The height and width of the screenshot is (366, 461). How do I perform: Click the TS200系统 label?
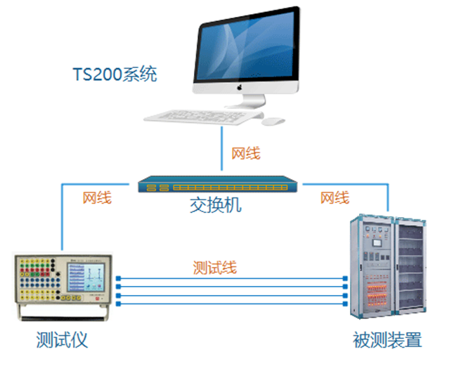tap(115, 74)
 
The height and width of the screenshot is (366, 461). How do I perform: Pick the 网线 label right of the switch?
tap(335, 198)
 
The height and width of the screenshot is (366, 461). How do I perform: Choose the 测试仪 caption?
tap(62, 341)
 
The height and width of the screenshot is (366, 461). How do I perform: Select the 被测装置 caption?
tap(387, 341)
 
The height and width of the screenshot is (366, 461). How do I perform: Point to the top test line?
tap(232, 279)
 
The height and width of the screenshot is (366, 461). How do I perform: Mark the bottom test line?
tap(232, 303)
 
